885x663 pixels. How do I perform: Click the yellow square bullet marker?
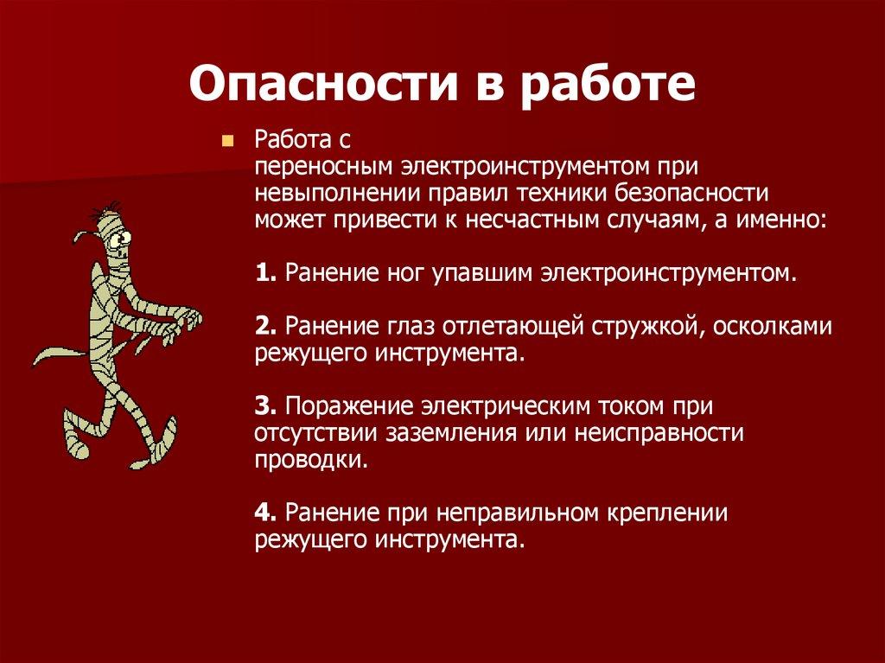point(228,140)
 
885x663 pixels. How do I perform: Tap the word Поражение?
point(347,405)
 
